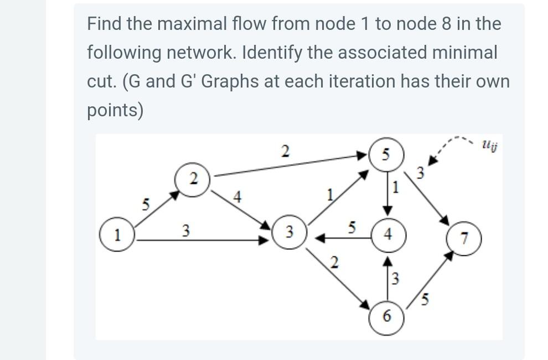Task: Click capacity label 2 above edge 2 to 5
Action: click(x=285, y=151)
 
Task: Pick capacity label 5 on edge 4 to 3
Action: click(x=351, y=227)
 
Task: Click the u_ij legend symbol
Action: click(x=487, y=145)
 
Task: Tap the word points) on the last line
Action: click(x=115, y=110)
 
